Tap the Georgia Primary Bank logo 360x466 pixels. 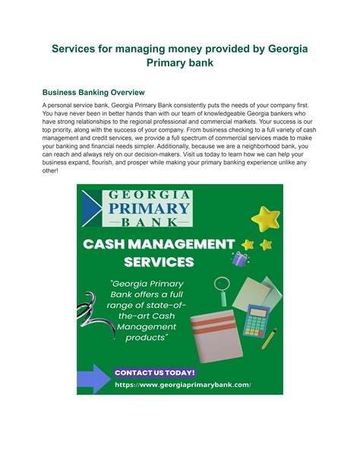(137, 208)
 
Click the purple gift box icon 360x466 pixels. (240, 259)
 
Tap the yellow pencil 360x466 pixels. (270, 338)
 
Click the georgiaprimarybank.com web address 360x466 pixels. (182, 385)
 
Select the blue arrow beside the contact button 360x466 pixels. (93, 377)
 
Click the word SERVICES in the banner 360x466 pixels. (159, 262)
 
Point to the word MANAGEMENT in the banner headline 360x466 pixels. (192, 244)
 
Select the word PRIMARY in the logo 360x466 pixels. (149, 208)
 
